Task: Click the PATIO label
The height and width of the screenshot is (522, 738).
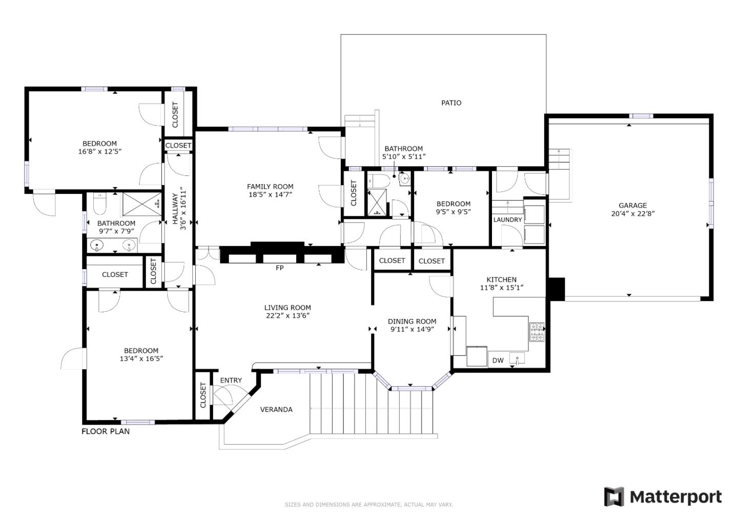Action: pos(451,103)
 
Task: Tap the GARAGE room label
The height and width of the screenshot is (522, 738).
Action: pos(632,206)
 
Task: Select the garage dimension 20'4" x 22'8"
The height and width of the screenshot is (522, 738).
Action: pos(632,214)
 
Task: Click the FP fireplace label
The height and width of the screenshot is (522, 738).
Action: pos(280,268)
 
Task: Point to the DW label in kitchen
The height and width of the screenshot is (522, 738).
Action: pos(498,360)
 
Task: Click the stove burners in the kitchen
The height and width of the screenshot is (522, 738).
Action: pos(537,332)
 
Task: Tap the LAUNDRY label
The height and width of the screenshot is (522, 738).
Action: pos(507,220)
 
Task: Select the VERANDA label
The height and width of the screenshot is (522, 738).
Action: pos(276,410)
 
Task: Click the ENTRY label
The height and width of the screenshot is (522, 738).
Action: pos(231,380)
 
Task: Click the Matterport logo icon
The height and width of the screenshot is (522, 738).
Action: pos(613,497)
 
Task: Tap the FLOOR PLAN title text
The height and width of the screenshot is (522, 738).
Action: pos(106,432)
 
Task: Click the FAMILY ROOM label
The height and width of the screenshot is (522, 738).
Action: pos(270,187)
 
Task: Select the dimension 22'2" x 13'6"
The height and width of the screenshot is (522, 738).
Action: pos(287,316)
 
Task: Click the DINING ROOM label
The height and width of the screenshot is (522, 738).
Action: pos(412,322)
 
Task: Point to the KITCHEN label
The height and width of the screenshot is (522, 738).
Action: pos(501,279)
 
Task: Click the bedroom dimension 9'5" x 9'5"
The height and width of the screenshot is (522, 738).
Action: pos(453,212)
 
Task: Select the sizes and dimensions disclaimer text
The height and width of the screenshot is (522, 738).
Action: pos(368,505)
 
